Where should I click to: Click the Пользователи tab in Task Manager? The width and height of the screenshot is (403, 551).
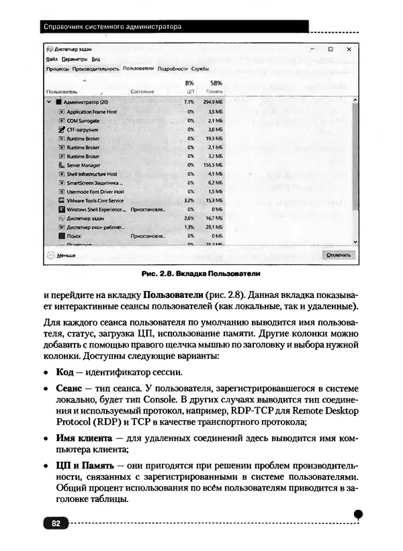point(138,68)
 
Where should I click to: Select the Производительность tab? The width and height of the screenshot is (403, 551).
point(96,68)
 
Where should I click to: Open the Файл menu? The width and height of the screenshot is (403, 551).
point(52,59)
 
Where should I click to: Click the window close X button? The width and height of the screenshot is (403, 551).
point(349,50)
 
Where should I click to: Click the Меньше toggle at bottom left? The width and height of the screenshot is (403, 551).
point(66,255)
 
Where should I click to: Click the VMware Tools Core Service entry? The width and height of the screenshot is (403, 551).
point(95,200)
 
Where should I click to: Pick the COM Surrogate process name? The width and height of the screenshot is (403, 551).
point(83,121)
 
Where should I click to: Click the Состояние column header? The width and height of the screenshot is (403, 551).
point(142,91)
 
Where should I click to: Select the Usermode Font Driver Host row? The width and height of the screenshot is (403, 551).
point(95,191)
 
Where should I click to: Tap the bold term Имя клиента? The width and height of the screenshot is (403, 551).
point(80,438)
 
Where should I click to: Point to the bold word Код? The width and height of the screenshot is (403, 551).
point(64,372)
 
